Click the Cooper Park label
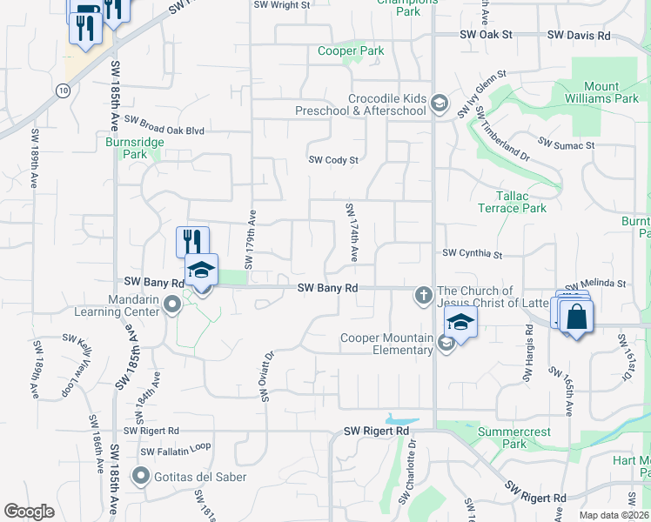pos(350,51)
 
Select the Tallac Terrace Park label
pos(512,203)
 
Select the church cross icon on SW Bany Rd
pos(424,295)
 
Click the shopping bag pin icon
pos(575,318)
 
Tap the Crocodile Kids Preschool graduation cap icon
pos(440,104)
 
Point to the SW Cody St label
pos(334,160)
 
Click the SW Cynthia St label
pos(473,254)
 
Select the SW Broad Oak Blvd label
pos(164,130)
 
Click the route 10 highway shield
pos(64,90)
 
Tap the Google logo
pos(30,512)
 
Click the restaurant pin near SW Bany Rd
pos(192,241)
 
